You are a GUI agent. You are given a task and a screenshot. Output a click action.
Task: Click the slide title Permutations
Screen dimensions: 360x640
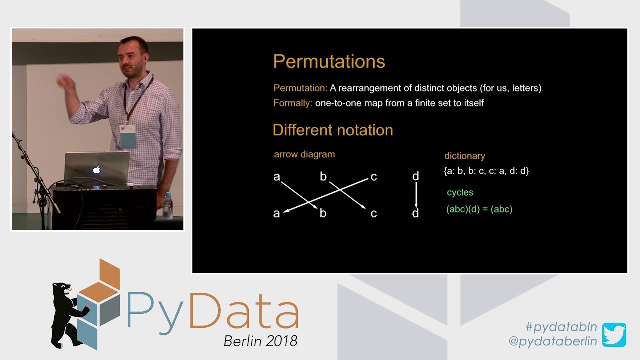click(x=329, y=62)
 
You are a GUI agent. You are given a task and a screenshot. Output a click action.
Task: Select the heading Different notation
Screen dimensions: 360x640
click(x=333, y=130)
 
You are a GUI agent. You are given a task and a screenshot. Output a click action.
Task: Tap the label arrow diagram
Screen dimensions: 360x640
click(x=304, y=154)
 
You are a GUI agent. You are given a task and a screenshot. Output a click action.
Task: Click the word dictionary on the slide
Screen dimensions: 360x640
click(x=465, y=156)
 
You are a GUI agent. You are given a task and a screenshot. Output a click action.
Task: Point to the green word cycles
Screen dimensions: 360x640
click(x=460, y=192)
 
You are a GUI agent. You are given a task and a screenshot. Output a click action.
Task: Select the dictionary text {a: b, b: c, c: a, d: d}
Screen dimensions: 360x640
click(x=486, y=171)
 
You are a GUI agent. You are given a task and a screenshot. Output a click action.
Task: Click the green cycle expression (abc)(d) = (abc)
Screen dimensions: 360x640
click(x=479, y=209)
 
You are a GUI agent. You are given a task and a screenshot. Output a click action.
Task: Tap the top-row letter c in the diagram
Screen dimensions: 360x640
click(x=373, y=177)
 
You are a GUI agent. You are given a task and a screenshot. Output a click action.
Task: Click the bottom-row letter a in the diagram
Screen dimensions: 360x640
click(x=276, y=214)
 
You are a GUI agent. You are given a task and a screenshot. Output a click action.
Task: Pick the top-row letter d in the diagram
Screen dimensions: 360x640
click(x=415, y=176)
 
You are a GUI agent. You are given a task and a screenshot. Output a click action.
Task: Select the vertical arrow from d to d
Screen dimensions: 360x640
click(x=416, y=195)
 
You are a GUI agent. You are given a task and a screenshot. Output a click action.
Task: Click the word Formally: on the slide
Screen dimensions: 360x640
click(x=293, y=103)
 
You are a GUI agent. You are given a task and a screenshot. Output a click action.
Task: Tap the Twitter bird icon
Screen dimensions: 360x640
click(x=614, y=335)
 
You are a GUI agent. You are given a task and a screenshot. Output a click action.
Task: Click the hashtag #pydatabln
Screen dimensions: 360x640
click(x=561, y=327)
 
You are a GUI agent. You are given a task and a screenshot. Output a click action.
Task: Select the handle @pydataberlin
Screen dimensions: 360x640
click(x=552, y=341)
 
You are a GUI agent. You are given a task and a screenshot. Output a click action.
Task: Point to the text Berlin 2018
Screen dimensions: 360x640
click(x=260, y=341)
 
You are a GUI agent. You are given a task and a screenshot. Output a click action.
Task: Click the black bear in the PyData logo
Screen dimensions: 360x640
click(x=67, y=312)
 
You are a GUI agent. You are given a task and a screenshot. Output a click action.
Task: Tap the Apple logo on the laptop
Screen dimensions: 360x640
click(x=96, y=170)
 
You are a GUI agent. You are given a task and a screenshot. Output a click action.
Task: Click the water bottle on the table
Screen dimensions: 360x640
click(x=168, y=205)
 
